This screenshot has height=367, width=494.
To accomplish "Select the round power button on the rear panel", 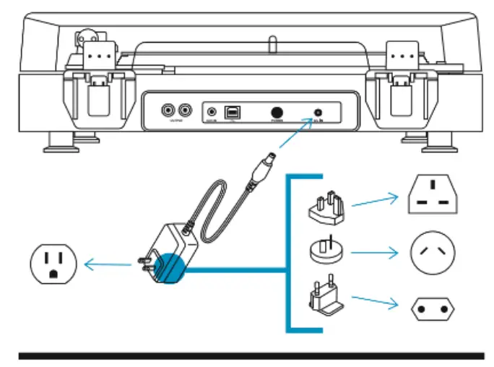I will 277,113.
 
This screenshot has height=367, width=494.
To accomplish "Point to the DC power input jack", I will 318,113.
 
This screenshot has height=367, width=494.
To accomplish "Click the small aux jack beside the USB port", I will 212,112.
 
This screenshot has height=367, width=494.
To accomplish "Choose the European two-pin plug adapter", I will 326,300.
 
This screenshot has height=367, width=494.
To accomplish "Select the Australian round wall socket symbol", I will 433,252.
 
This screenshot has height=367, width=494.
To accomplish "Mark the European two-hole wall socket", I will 433,308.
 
